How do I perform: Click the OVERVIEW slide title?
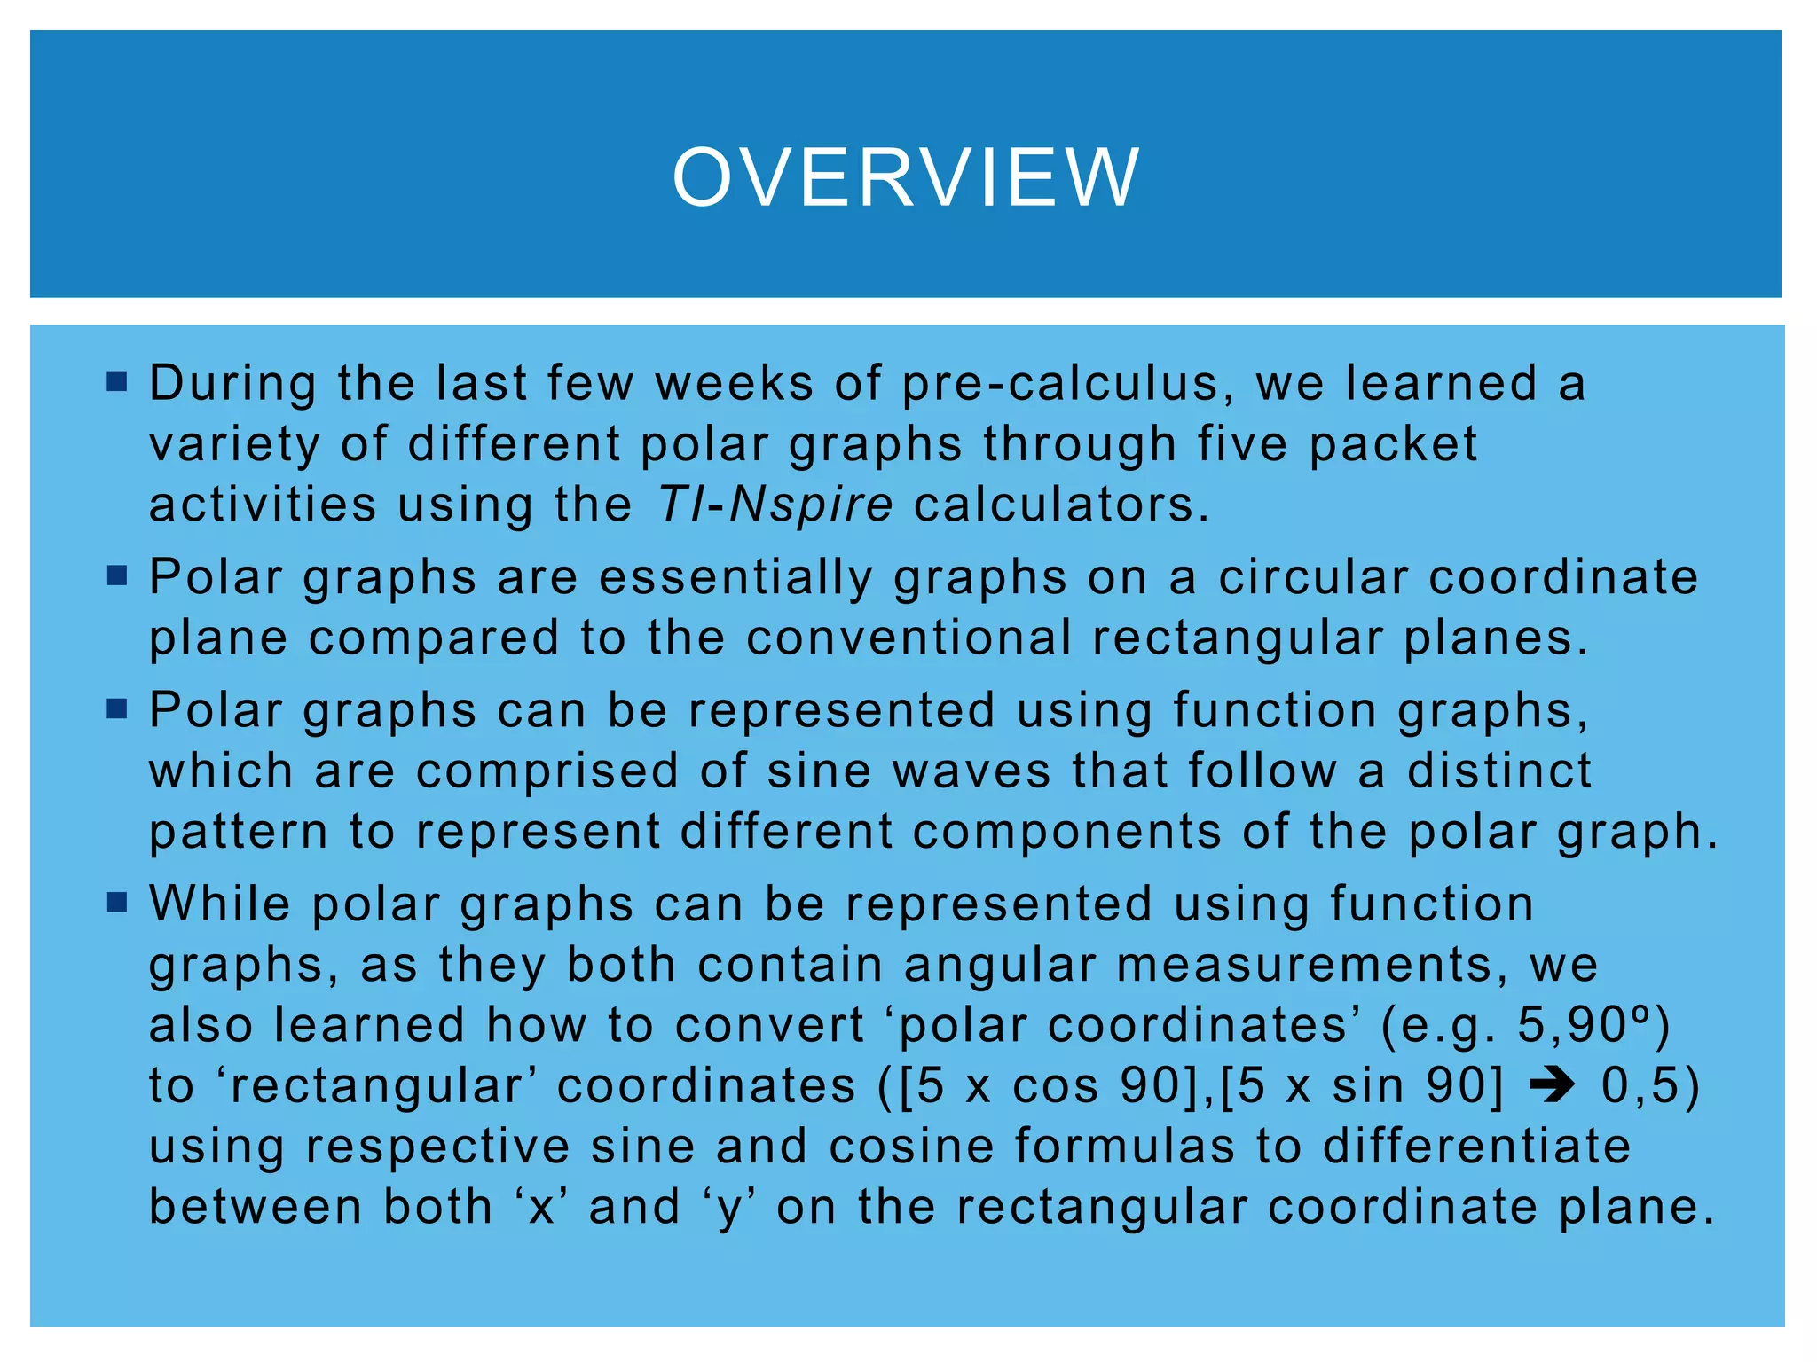point(906,177)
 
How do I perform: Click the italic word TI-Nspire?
point(775,505)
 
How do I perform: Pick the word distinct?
point(1499,771)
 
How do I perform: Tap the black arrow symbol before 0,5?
point(1552,1085)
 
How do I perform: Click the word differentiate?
point(1476,1146)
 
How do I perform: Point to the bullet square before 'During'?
point(116,382)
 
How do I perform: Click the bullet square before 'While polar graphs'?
point(116,903)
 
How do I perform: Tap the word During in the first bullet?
point(232,383)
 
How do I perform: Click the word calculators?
point(1061,505)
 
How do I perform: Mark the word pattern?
point(239,832)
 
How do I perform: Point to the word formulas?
point(1124,1146)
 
